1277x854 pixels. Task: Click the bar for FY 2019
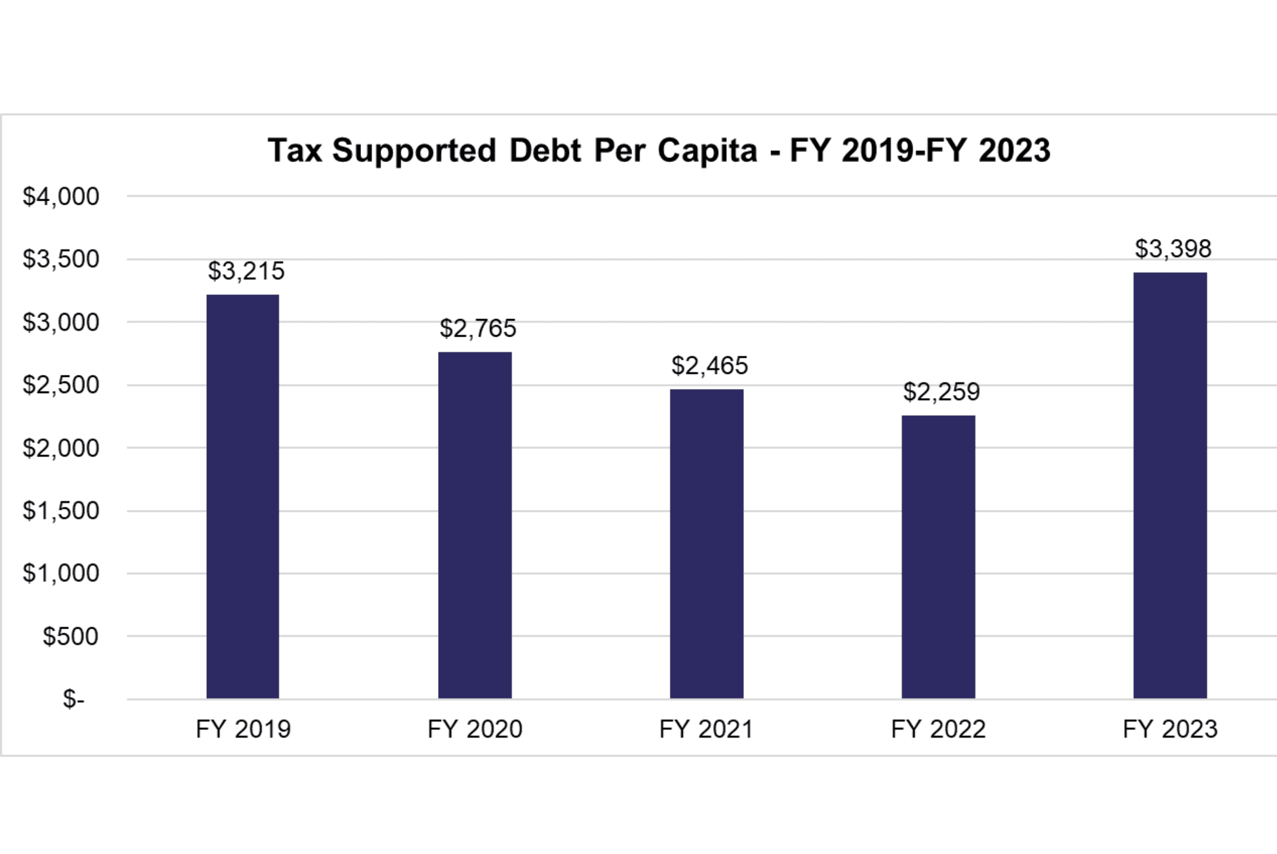(243, 496)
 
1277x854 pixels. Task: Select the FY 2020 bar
(475, 525)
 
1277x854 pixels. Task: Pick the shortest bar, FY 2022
(938, 557)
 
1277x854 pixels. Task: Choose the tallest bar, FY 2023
(1169, 485)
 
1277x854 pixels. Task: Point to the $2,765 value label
(478, 328)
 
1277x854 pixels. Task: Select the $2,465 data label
(710, 366)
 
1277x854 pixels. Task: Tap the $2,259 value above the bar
(941, 392)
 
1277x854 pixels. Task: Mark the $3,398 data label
(1173, 249)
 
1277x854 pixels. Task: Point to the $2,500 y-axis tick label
(61, 385)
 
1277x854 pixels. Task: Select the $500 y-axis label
(71, 636)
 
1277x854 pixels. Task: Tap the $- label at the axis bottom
(74, 699)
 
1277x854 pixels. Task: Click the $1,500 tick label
(61, 511)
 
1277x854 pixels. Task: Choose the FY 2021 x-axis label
(706, 729)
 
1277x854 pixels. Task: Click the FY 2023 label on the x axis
(1169, 729)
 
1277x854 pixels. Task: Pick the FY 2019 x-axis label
(243, 729)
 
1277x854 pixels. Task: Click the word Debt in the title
(545, 150)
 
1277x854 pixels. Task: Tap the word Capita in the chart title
(707, 150)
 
